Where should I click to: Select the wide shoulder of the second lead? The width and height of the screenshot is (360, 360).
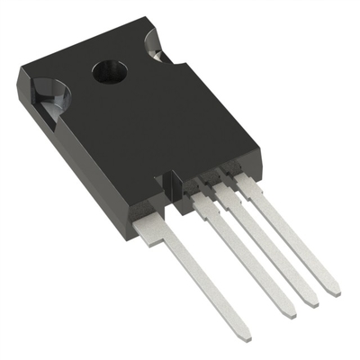206,207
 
